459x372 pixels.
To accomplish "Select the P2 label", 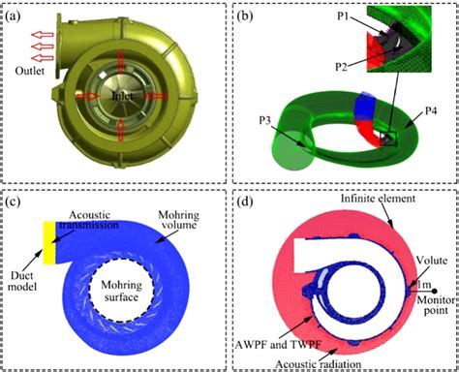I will coord(342,68).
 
